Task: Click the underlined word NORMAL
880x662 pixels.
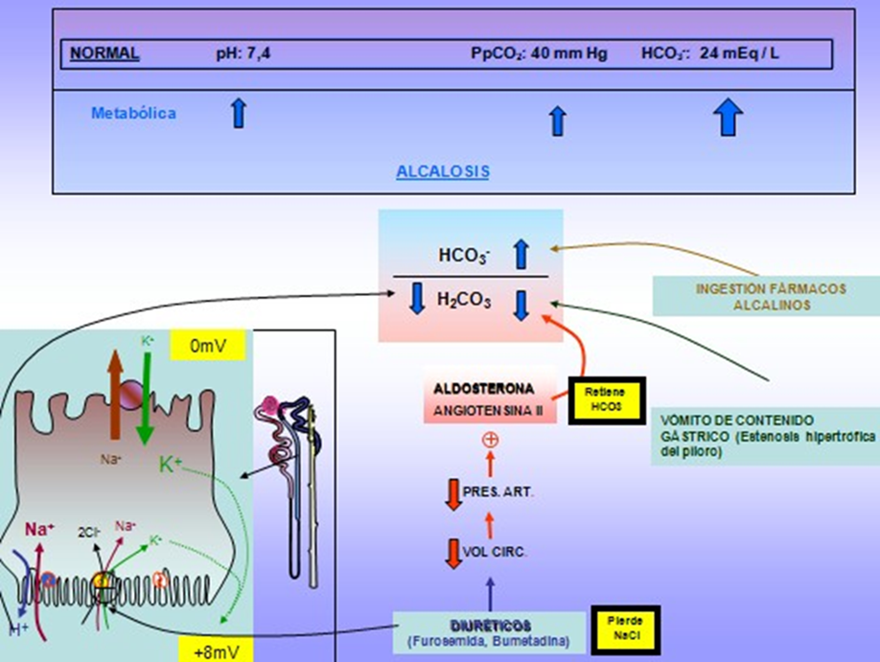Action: (x=104, y=54)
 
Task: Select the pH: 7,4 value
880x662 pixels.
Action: (x=243, y=54)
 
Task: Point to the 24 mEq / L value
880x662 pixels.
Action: (x=739, y=54)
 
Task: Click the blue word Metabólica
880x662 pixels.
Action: (x=133, y=113)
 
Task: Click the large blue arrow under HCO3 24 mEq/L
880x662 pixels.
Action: (x=729, y=118)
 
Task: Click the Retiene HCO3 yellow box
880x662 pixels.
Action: (x=607, y=400)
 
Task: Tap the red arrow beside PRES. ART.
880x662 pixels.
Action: (x=453, y=492)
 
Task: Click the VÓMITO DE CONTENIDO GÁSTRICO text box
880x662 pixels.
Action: (x=762, y=438)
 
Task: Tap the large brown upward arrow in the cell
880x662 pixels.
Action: (x=114, y=399)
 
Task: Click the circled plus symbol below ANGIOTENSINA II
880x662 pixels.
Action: (x=490, y=441)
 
